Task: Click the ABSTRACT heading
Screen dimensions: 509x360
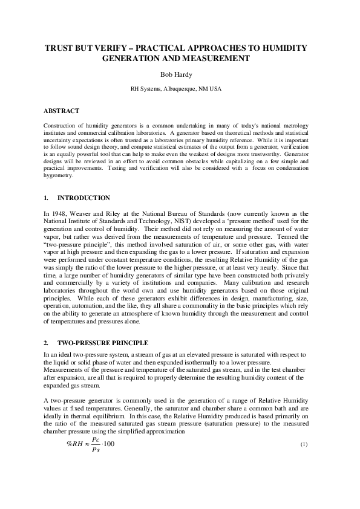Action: tap(61, 111)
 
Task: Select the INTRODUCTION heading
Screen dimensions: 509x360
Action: tap(83, 198)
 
